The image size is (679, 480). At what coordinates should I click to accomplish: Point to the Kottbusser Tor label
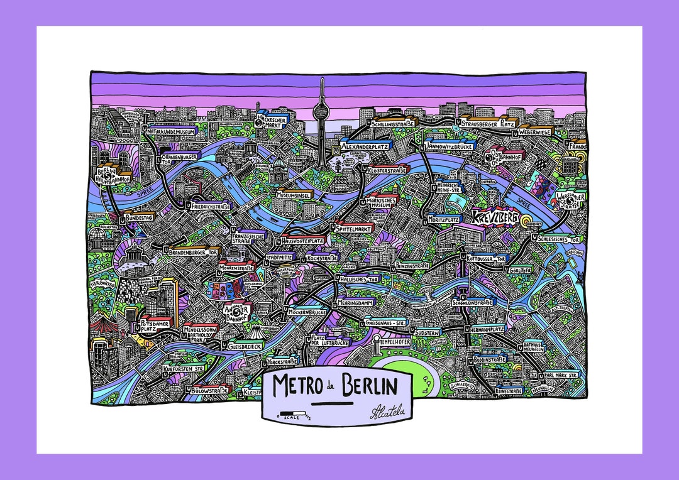point(487,258)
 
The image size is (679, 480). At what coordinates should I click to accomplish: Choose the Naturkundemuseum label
point(172,133)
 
